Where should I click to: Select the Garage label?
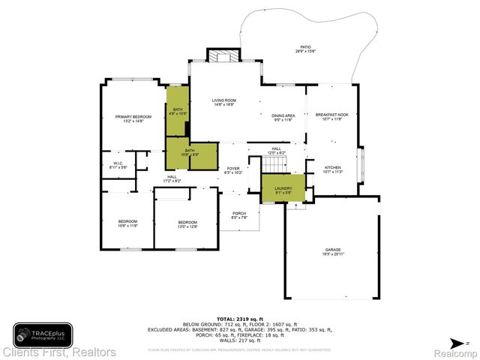click(333, 251)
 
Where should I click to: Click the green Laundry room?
click(283, 188)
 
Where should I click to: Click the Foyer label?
click(233, 170)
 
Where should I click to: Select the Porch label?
click(239, 216)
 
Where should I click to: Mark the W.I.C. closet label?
click(118, 164)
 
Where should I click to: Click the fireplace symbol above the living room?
click(223, 57)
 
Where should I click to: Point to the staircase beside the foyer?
click(274, 163)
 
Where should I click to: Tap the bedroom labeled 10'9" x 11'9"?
click(128, 223)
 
